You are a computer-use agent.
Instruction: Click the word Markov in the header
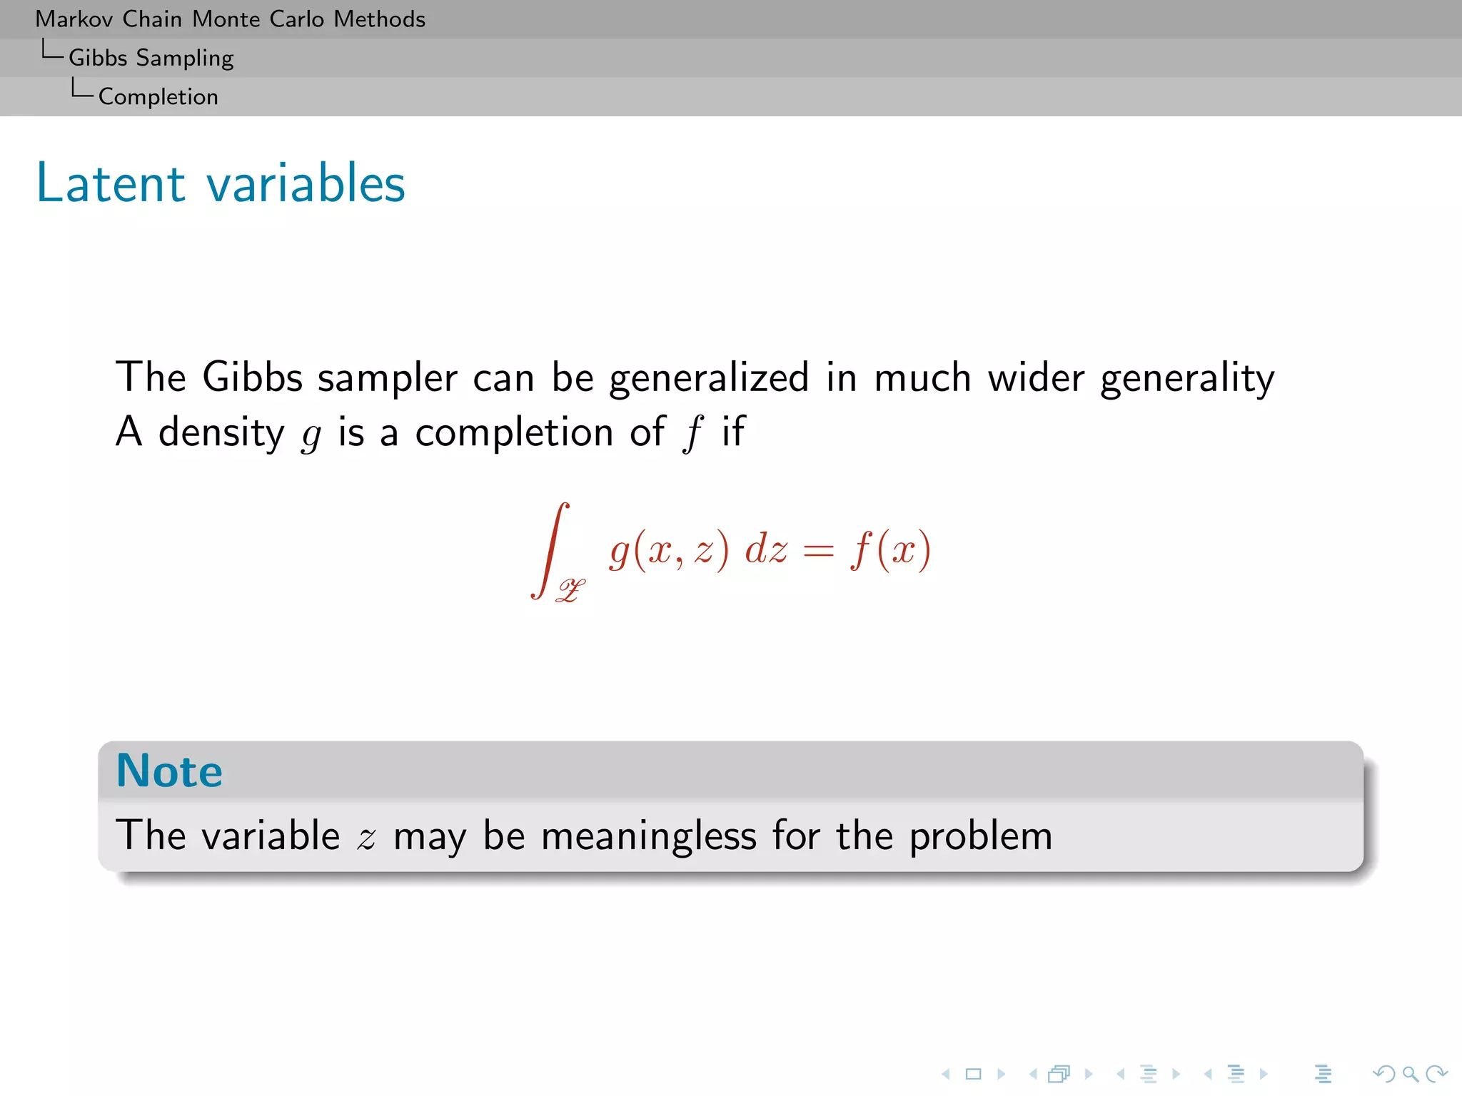[x=74, y=19]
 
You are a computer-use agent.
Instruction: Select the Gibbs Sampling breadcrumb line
[x=151, y=58]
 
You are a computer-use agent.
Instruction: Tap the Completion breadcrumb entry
[x=158, y=96]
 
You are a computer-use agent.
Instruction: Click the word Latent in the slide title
[x=111, y=183]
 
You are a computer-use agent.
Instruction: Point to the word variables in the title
[x=306, y=183]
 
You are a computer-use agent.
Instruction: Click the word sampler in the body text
[x=387, y=378]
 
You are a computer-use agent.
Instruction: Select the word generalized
[x=708, y=378]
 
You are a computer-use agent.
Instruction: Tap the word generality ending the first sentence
[x=1186, y=378]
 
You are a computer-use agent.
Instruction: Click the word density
[x=221, y=432]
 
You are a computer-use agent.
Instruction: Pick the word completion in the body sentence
[x=514, y=432]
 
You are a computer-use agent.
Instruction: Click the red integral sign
[x=550, y=549]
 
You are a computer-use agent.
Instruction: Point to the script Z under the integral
[x=571, y=591]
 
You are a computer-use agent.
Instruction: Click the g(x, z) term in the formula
[x=669, y=551]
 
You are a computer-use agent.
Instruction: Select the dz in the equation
[x=766, y=551]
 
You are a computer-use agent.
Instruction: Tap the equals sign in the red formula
[x=818, y=551]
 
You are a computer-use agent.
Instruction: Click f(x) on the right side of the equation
[x=891, y=551]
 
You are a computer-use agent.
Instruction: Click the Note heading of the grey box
[x=169, y=771]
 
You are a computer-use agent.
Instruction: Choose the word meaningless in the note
[x=648, y=836]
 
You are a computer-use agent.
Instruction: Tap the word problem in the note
[x=980, y=837]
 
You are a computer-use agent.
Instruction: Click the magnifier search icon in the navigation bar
[x=1410, y=1074]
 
